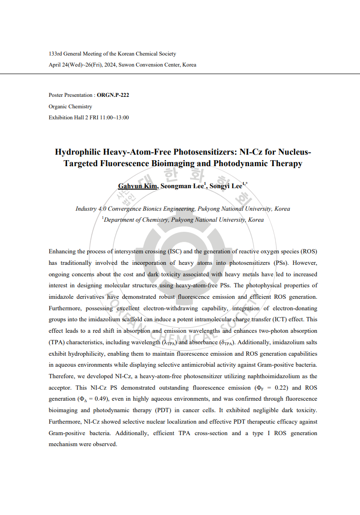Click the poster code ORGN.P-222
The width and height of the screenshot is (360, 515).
(113, 95)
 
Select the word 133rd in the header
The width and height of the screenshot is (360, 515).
(55, 54)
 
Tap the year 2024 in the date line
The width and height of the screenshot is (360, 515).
(110, 65)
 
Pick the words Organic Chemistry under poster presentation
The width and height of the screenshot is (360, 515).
(70, 106)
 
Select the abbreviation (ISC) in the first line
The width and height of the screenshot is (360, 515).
(183, 251)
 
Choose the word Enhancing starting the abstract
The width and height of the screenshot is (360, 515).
(62, 251)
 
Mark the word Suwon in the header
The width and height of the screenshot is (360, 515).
(127, 65)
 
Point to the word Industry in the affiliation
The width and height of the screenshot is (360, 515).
(86, 208)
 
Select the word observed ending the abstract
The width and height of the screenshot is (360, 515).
(106, 444)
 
